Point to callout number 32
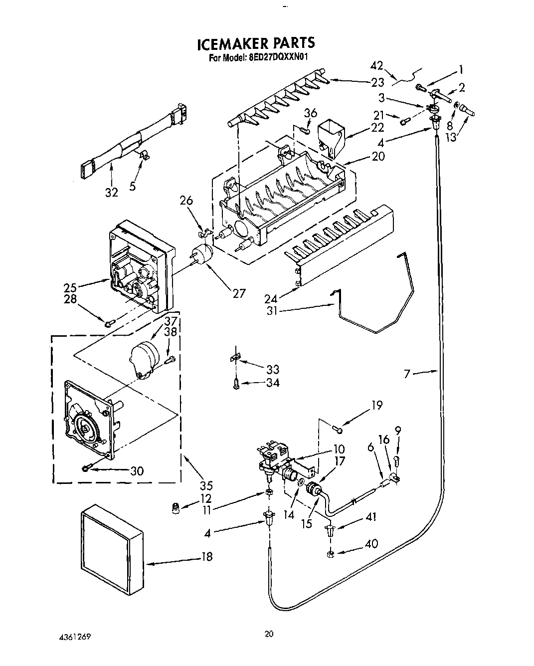tap(111, 192)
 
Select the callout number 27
tap(239, 293)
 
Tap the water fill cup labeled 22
tap(331, 136)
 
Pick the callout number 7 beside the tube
tap(407, 373)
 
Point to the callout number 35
tap(206, 485)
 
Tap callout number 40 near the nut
tap(371, 544)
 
